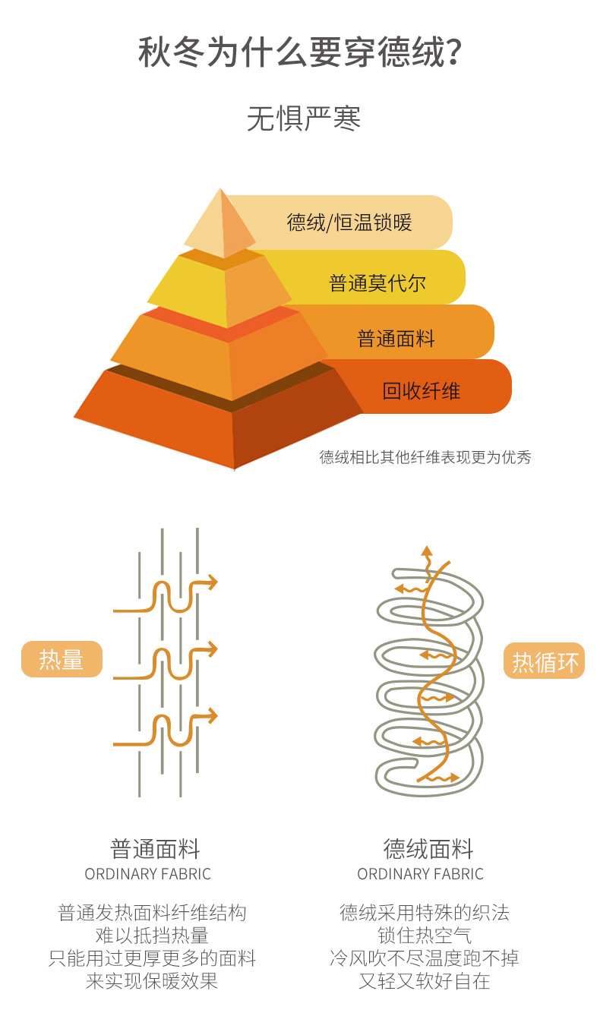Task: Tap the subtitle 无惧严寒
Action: point(304,119)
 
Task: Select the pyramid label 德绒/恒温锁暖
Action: point(349,222)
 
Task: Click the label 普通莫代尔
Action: point(377,283)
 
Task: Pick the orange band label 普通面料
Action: point(396,338)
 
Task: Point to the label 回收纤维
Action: point(422,392)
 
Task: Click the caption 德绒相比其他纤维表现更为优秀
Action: point(425,457)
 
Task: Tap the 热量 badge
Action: point(62,659)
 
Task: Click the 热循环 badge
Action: point(545,662)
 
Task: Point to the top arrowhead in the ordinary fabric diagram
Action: point(212,583)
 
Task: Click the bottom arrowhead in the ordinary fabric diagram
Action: point(212,715)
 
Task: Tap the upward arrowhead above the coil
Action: point(427,551)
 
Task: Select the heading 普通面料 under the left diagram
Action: point(155,848)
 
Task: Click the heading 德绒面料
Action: point(428,848)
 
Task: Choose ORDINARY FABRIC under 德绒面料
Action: point(420,874)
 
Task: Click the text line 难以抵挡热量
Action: point(152,936)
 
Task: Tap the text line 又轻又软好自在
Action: point(425,981)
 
